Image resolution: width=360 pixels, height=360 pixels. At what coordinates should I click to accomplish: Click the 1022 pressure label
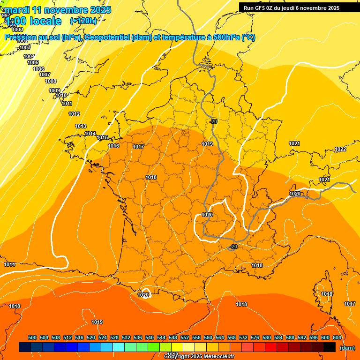pyautogui.click(x=340, y=149)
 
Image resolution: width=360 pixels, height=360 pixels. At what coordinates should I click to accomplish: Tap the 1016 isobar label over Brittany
pyautogui.click(x=113, y=146)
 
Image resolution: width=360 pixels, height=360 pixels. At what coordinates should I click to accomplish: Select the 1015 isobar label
pyautogui.click(x=102, y=137)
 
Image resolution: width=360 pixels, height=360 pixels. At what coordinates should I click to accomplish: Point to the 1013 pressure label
pyautogui.click(x=81, y=126)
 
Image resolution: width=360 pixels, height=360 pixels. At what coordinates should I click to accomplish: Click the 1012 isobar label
pyautogui.click(x=74, y=114)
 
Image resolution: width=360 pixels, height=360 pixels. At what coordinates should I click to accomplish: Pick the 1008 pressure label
pyautogui.click(x=51, y=81)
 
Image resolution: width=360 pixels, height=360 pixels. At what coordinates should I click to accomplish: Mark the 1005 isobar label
pyautogui.click(x=33, y=62)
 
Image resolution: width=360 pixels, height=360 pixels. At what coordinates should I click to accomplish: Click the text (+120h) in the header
pyautogui.click(x=83, y=21)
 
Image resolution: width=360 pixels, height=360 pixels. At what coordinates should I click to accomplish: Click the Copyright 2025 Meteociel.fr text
pyautogui.click(x=199, y=357)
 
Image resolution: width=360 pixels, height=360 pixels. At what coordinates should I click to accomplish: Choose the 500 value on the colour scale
pyautogui.click(x=32, y=337)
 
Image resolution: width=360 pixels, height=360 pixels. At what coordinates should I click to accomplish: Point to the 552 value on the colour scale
pyautogui.click(x=185, y=337)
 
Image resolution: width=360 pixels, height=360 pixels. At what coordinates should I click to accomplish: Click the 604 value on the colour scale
pyautogui.click(x=337, y=337)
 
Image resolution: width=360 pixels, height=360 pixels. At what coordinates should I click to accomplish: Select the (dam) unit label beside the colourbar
pyautogui.click(x=347, y=348)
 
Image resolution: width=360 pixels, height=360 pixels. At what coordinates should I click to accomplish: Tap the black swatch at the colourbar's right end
pyautogui.click(x=330, y=347)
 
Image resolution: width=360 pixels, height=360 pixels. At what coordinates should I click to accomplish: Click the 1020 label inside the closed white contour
pyautogui.click(x=207, y=215)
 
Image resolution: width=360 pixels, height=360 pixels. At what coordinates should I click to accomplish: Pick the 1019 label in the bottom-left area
pyautogui.click(x=97, y=322)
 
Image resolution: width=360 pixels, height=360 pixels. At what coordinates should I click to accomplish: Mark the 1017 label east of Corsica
pyautogui.click(x=349, y=304)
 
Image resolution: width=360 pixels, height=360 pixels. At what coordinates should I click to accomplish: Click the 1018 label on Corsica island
pyautogui.click(x=327, y=294)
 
